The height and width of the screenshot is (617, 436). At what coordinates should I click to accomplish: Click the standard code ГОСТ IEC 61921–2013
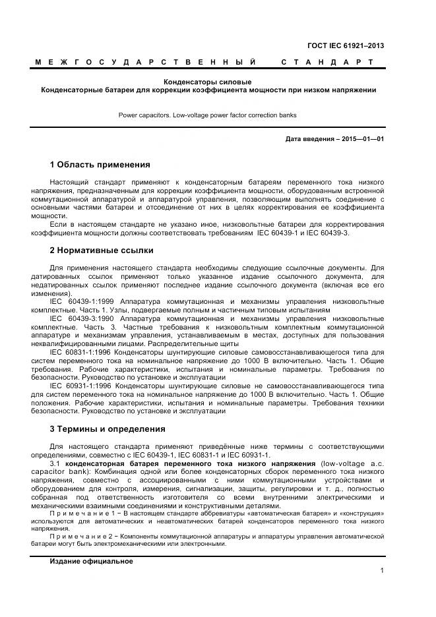click(346, 46)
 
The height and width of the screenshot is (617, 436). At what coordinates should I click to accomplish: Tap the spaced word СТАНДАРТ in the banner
click(327, 62)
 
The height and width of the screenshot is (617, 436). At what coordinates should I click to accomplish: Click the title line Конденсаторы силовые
click(208, 81)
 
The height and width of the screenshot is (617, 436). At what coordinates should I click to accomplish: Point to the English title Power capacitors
click(145, 115)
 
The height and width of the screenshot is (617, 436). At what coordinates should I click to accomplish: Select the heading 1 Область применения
click(100, 164)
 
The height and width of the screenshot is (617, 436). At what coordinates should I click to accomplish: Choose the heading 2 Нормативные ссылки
click(102, 250)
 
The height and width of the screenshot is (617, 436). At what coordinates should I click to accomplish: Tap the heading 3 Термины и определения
click(108, 429)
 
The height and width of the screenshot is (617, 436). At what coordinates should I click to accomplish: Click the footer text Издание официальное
click(91, 561)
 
